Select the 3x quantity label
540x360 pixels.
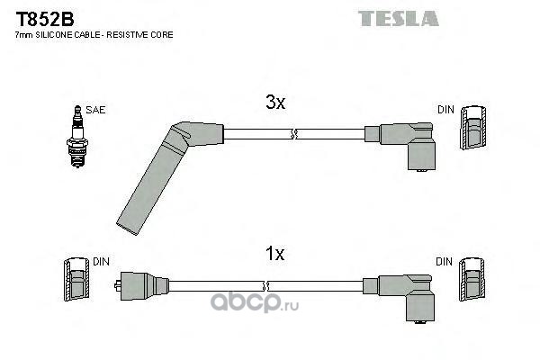tap(274, 104)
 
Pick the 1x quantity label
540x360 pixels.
tap(274, 255)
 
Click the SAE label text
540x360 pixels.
tap(96, 110)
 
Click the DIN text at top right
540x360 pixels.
tap(445, 110)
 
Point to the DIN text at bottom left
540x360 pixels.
tap(101, 261)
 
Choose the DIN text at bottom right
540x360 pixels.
tap(445, 261)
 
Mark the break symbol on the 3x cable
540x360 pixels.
tap(292, 135)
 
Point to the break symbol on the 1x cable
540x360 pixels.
tap(292, 285)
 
